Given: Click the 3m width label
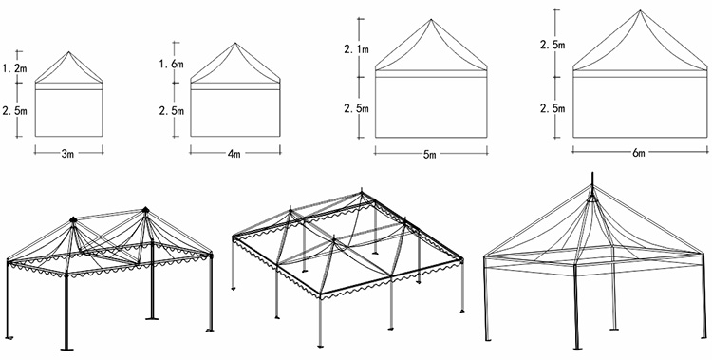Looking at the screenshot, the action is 67,154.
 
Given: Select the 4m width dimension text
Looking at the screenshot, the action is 234,154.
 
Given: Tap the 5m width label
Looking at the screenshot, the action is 429,155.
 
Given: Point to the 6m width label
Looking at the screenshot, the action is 639,153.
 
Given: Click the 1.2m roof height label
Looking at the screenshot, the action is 14,68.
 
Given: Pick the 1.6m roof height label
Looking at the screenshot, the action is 171,64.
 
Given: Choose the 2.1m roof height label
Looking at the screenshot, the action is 356,49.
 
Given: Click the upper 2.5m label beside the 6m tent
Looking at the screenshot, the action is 553,45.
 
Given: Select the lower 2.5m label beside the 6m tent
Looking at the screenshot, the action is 553,108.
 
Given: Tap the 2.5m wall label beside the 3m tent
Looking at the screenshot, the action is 14,110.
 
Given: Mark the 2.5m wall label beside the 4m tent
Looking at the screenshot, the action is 171,110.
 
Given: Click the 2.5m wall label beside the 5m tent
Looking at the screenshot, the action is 356,108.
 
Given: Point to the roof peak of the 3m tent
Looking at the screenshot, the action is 69,52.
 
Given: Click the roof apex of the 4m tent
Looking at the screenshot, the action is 235,43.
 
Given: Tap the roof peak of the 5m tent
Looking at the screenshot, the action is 431,20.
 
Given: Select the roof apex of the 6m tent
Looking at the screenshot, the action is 640,10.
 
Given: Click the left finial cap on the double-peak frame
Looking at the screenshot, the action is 73,220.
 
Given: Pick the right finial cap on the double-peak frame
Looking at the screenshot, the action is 145,210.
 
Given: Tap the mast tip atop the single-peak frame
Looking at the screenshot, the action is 592,174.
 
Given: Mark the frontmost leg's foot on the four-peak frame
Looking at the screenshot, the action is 321,347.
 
